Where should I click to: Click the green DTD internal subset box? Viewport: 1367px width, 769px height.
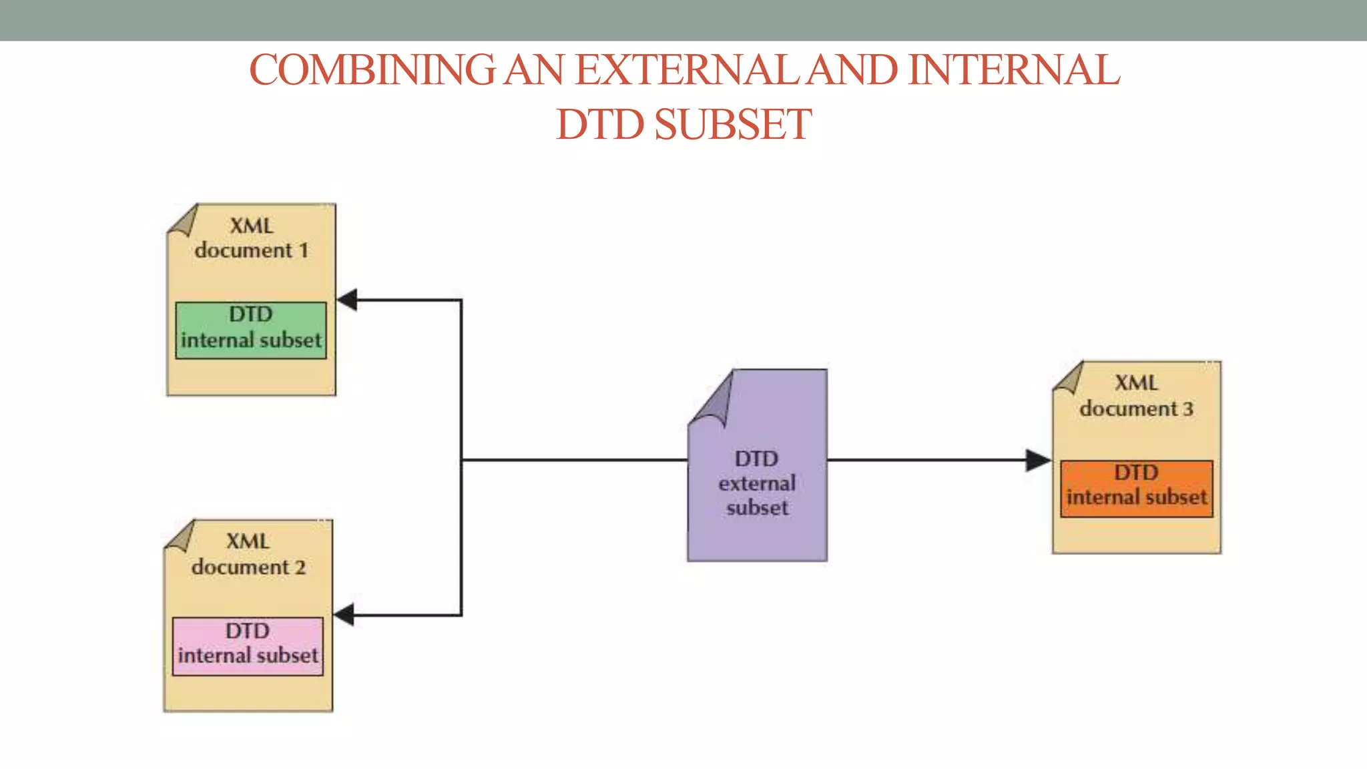click(251, 330)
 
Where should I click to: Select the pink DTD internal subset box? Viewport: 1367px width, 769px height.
click(248, 646)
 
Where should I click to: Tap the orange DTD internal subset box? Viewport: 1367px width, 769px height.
click(1136, 489)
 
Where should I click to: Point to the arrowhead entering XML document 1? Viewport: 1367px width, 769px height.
click(348, 300)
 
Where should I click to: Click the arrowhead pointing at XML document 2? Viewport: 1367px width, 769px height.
click(344, 615)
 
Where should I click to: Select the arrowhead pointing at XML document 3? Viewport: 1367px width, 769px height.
click(1038, 460)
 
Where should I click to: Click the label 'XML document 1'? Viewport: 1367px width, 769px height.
click(252, 238)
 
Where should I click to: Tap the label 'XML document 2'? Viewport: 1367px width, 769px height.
click(248, 554)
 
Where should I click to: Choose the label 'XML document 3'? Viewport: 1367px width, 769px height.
click(1136, 396)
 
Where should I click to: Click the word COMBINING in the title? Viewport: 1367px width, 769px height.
click(372, 70)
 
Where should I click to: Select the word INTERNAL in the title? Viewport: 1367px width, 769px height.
click(1014, 70)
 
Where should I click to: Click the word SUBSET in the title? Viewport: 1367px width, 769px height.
click(732, 125)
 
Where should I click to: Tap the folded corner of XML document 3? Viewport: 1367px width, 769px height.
click(1070, 379)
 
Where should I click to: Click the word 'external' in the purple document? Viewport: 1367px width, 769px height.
click(757, 483)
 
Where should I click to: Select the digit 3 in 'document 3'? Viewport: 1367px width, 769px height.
click(1188, 409)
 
